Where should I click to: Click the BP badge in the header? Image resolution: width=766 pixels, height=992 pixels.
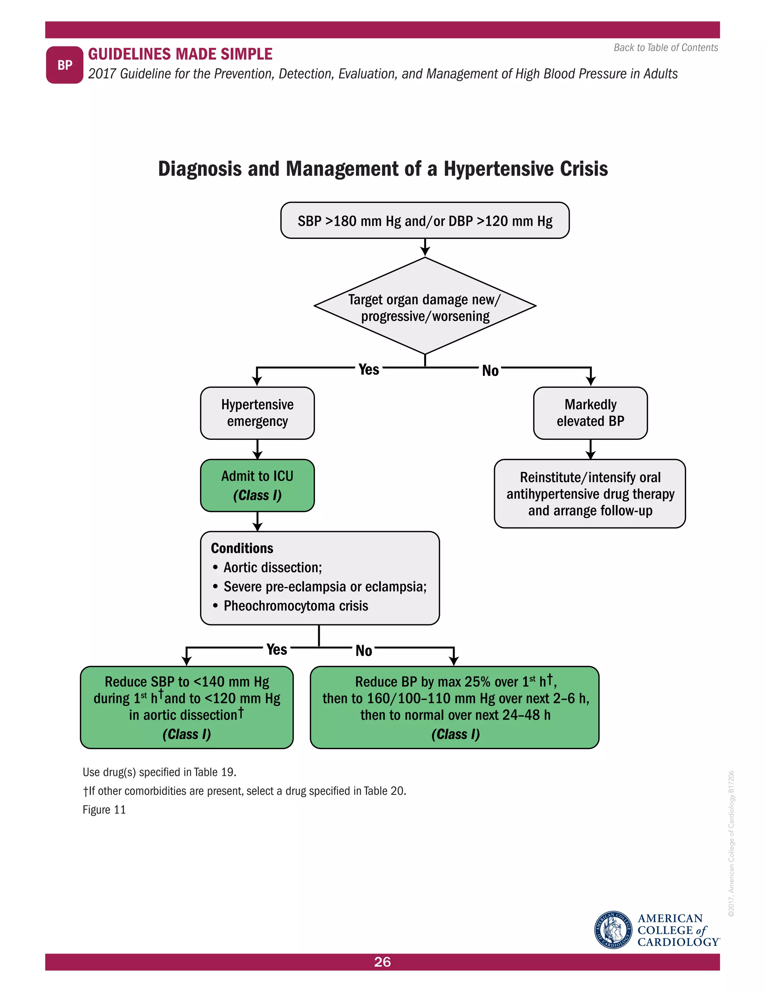64,65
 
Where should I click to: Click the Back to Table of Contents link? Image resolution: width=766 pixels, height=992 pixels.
665,48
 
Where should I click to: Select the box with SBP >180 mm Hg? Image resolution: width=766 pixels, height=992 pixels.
425,221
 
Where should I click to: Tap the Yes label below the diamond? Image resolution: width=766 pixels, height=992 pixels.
368,369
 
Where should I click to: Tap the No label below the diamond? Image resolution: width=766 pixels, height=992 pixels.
490,371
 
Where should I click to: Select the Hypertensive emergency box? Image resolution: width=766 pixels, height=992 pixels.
257,413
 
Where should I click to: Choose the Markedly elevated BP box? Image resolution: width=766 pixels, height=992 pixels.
590,413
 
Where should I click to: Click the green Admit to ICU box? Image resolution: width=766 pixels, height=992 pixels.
257,485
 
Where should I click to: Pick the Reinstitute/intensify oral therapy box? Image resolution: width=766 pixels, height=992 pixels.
589,494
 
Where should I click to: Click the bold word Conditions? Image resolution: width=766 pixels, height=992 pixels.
242,548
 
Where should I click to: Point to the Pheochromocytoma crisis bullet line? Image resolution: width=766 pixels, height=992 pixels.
295,606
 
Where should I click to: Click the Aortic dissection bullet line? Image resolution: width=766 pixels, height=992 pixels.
272,567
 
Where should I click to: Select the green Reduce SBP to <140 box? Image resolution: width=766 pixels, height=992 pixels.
187,707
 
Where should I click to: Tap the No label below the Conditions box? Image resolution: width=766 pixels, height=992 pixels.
364,651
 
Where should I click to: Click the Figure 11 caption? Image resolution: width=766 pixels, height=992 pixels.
104,810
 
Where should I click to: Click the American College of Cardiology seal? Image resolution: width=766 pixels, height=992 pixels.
613,930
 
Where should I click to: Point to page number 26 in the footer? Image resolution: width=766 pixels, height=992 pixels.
383,962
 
